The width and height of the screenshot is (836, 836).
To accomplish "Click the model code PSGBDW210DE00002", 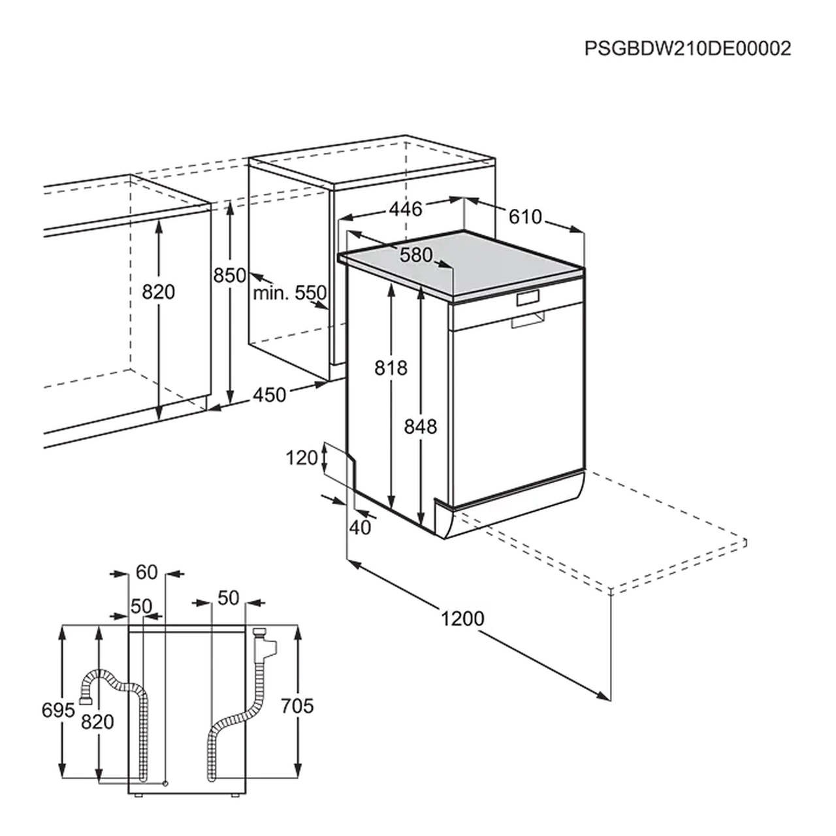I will (x=688, y=48).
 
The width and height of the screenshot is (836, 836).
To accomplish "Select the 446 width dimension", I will (x=406, y=208).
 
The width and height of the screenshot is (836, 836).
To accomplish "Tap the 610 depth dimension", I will (x=525, y=216).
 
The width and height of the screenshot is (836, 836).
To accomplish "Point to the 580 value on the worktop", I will (x=417, y=255).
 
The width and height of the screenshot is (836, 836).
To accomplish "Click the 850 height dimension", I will (x=230, y=275).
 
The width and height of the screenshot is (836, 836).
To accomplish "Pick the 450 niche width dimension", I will (x=269, y=394).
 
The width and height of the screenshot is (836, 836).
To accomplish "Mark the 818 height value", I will (x=391, y=368).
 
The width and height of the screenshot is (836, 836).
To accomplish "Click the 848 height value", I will (x=420, y=426).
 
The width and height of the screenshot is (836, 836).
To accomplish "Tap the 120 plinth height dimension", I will (x=302, y=458).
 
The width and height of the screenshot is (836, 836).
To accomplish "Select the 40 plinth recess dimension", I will (x=360, y=527).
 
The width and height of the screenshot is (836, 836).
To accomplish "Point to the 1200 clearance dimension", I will (x=462, y=618).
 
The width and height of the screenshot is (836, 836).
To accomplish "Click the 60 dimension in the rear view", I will (x=147, y=572).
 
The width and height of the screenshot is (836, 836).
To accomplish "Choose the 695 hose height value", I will (x=59, y=710).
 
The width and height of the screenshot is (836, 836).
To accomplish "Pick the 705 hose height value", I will (x=297, y=706).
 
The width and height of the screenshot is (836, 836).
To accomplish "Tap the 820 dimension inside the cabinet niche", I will (x=159, y=291).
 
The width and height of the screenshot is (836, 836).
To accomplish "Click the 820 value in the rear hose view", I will (x=97, y=722).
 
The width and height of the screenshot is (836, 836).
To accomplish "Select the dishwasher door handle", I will (x=528, y=320).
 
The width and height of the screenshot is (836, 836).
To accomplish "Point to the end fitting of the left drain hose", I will (x=84, y=701).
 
